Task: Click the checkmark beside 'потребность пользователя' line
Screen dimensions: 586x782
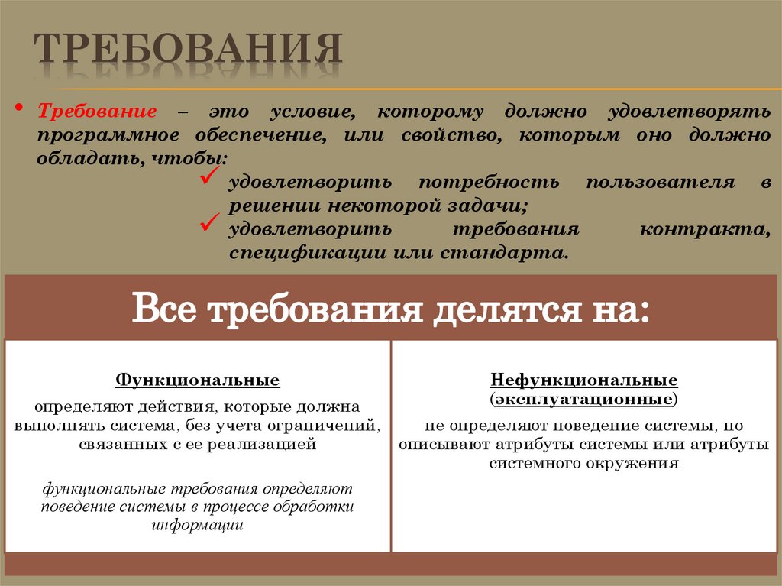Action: point(208,180)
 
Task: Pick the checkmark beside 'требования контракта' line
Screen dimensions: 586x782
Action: point(208,224)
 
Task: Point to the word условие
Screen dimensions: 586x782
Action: point(312,112)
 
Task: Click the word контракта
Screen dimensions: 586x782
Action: point(704,230)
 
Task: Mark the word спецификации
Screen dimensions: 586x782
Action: point(307,253)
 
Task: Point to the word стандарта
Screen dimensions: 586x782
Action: point(504,253)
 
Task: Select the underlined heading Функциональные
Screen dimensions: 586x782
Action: point(197,380)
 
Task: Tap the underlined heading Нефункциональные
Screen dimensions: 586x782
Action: point(584,380)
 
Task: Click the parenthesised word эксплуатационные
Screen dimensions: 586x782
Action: point(584,399)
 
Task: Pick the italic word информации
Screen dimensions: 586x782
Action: point(197,526)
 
